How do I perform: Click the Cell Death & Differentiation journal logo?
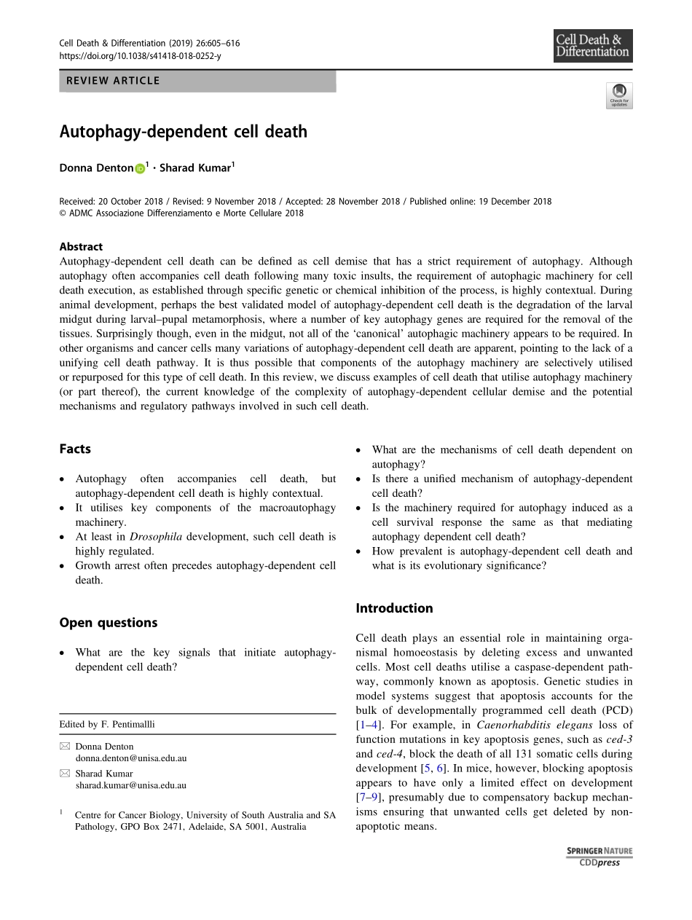click(592, 46)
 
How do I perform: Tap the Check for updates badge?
click(619, 95)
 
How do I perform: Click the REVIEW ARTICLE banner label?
click(113, 81)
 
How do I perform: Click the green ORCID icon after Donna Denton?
click(140, 168)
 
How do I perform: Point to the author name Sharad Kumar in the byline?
click(194, 168)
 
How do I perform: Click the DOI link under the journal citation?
click(139, 55)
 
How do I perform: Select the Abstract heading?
click(81, 246)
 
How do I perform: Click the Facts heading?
click(75, 449)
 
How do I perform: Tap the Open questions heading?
click(108, 622)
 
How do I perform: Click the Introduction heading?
click(394, 608)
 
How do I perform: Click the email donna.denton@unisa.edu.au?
click(130, 758)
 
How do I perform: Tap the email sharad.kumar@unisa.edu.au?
click(130, 785)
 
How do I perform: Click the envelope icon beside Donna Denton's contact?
click(65, 747)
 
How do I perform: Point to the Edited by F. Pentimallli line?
click(107, 724)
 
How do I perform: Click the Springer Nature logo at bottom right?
click(599, 851)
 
